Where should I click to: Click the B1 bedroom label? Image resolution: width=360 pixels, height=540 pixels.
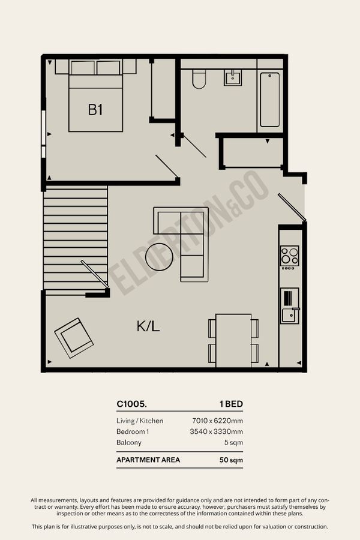(x=95, y=110)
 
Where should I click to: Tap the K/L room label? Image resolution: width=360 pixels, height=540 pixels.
(x=148, y=326)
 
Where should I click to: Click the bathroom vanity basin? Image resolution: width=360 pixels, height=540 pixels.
(x=233, y=77)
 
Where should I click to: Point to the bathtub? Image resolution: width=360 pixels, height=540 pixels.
(x=270, y=100)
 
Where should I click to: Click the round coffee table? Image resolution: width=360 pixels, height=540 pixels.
(x=159, y=257)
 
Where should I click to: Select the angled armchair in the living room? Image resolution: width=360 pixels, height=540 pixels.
(x=74, y=338)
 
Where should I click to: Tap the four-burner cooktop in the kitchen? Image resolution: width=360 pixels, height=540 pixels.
(x=290, y=256)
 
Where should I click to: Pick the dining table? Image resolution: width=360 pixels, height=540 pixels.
(x=233, y=340)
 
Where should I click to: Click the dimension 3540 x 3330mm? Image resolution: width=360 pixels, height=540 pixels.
(x=217, y=431)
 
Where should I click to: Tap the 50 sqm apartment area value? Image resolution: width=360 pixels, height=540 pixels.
(x=231, y=460)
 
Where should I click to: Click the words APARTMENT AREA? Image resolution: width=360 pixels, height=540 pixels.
(x=148, y=460)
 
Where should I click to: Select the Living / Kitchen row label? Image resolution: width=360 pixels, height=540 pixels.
(x=140, y=421)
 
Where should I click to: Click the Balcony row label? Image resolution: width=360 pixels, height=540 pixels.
(x=129, y=443)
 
